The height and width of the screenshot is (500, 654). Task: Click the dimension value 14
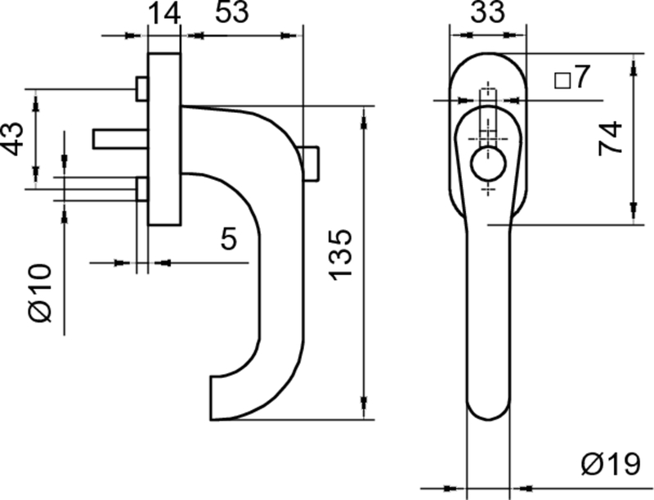(x=163, y=14)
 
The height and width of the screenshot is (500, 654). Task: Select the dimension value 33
(x=487, y=14)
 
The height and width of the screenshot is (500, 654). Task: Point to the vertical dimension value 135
(x=342, y=254)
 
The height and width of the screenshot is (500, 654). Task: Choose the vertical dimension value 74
(x=610, y=138)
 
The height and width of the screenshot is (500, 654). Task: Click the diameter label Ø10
(x=42, y=291)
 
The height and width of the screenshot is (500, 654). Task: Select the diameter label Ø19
(x=611, y=465)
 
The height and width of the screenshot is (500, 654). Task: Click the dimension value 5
(x=230, y=240)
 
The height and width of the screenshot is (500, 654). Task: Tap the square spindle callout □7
(x=571, y=79)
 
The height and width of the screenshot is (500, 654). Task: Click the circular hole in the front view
(x=488, y=164)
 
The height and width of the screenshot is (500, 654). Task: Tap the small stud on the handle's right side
(x=311, y=164)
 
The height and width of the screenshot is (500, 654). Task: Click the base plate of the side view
(x=163, y=139)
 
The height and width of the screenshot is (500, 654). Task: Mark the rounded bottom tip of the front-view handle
(x=488, y=413)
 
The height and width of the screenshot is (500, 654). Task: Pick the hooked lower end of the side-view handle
(x=225, y=397)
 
